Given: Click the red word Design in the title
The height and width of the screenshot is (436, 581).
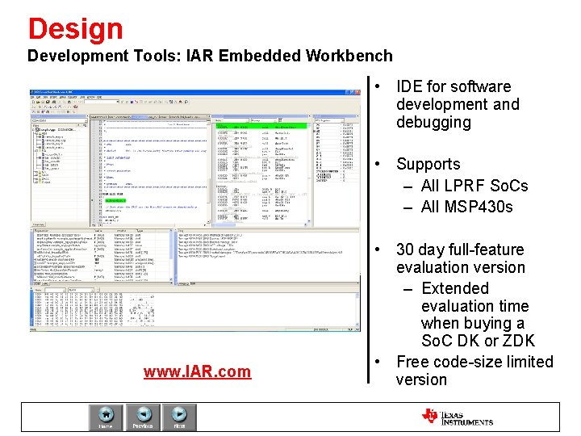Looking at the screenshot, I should [75, 28].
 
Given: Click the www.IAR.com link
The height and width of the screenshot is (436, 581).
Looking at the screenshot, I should [197, 371].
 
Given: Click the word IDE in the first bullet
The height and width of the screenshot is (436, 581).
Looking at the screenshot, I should [411, 86].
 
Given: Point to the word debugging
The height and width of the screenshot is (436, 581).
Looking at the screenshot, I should [433, 122].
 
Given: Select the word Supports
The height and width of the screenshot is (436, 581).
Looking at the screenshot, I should [428, 164].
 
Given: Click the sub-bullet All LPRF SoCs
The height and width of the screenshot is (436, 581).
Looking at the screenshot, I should [474, 186].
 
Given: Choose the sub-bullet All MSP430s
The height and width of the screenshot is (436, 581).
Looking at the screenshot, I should [466, 207].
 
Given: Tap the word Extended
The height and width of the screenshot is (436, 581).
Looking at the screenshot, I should [455, 288].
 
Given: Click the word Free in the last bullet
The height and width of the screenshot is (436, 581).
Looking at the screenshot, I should [412, 361].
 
